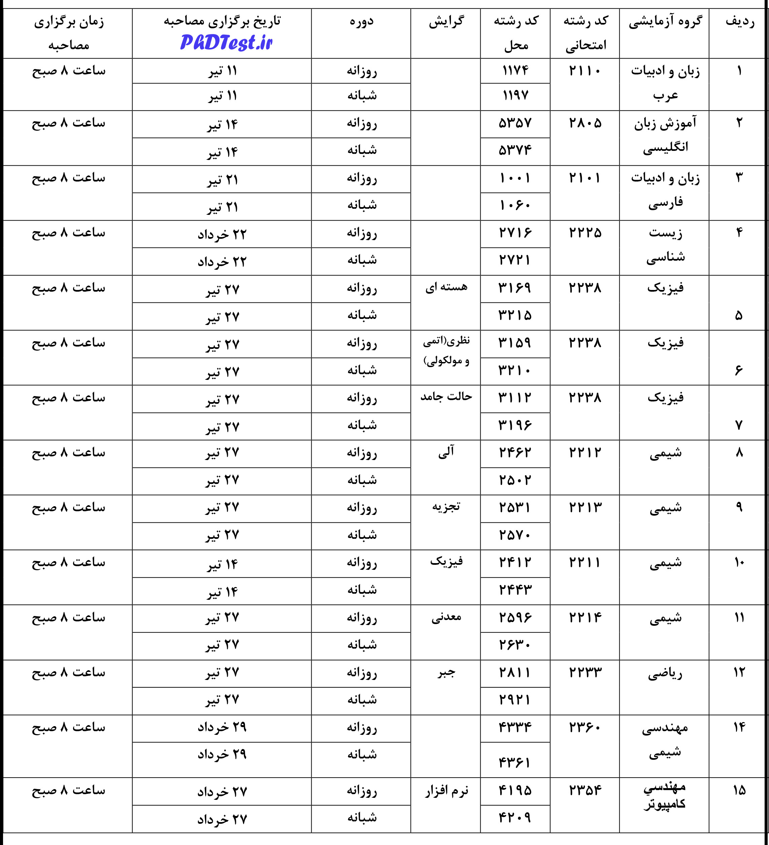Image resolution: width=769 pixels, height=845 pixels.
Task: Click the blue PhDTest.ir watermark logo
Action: click(x=226, y=43)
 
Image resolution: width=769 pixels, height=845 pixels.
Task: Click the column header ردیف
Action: click(x=740, y=21)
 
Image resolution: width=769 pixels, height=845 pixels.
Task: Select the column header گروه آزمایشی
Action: click(x=665, y=21)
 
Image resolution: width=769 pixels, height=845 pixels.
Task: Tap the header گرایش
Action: click(x=446, y=21)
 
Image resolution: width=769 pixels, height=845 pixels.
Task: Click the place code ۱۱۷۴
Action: click(x=515, y=70)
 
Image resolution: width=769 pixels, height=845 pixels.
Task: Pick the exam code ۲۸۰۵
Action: click(x=585, y=123)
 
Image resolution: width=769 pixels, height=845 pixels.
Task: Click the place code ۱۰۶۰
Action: click(x=515, y=205)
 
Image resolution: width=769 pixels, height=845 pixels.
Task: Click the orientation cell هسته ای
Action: click(x=446, y=288)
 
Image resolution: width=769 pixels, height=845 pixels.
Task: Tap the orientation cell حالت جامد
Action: click(x=446, y=396)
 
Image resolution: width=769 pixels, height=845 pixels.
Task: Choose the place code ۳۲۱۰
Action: click(x=515, y=370)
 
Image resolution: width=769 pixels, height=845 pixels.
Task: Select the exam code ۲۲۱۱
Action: click(x=585, y=562)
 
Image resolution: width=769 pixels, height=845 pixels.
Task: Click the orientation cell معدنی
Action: click(x=446, y=617)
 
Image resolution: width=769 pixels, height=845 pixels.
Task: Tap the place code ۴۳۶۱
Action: click(x=515, y=762)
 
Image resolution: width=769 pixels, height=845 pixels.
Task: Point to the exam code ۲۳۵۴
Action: click(x=585, y=790)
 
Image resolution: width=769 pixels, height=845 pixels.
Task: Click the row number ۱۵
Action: click(x=739, y=790)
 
